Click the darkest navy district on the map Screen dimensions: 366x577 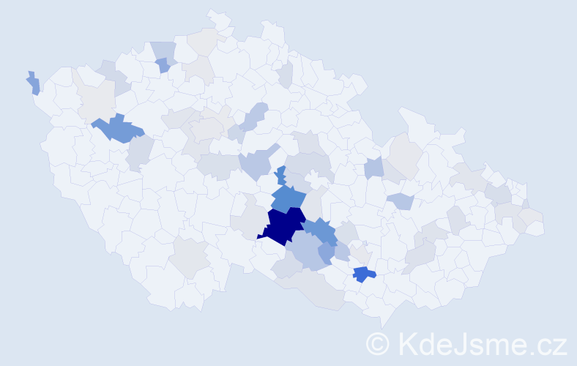[282, 225]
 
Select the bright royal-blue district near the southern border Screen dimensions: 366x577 [363, 274]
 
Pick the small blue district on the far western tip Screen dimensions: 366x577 [34, 83]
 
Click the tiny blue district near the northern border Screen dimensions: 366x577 [162, 65]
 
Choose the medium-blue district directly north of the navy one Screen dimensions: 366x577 [288, 198]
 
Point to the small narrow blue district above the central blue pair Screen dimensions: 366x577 [280, 176]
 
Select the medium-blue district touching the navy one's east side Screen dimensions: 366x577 [320, 231]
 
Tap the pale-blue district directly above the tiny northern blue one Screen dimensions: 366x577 [164, 50]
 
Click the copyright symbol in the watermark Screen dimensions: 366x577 [379, 344]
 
